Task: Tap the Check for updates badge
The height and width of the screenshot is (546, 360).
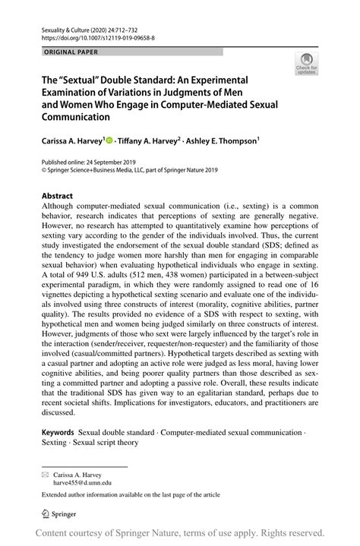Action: (307, 65)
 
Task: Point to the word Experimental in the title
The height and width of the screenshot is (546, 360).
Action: (223, 78)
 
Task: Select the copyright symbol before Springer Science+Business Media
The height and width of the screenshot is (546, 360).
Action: (44, 172)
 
